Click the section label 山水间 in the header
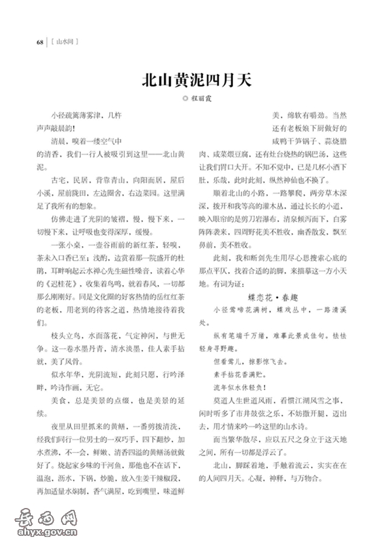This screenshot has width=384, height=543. [64, 42]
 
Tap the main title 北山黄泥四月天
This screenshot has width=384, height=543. [192, 80]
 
